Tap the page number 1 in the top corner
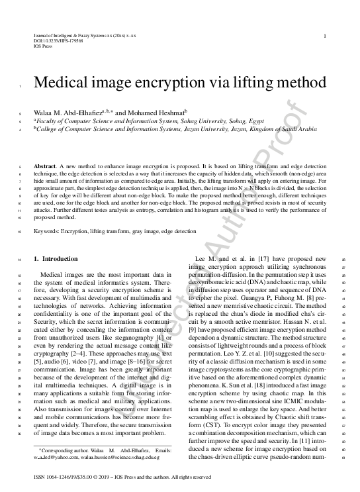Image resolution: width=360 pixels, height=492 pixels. pos(324,36)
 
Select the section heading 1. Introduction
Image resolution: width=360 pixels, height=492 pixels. pos(56,258)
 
